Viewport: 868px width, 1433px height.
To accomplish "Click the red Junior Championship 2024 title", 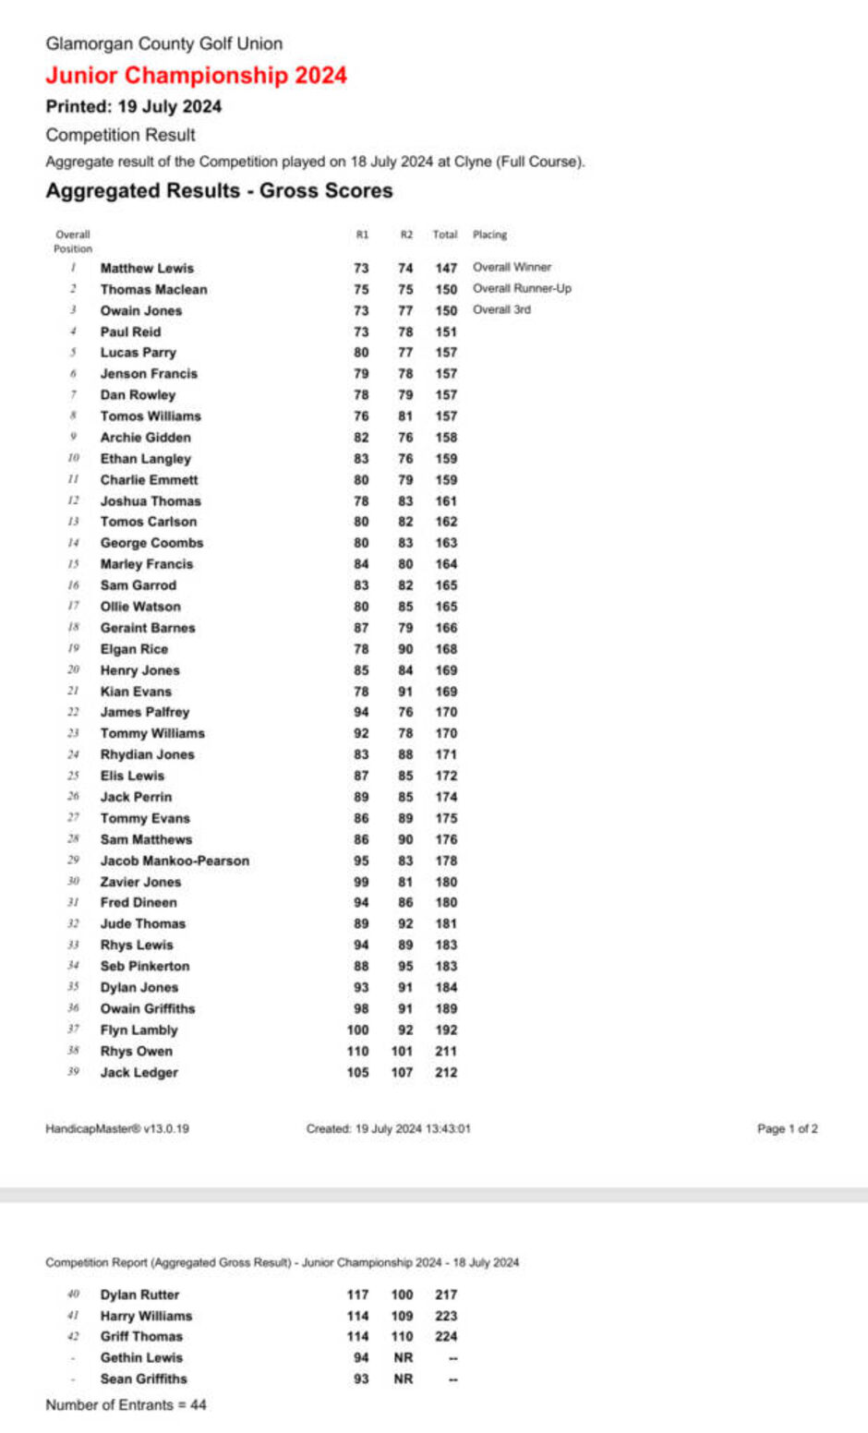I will [x=196, y=76].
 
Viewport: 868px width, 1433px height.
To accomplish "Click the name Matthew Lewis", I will [x=147, y=268].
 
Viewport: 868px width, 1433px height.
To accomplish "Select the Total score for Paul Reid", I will [x=446, y=331].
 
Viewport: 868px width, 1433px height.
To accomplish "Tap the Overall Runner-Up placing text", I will [x=522, y=288].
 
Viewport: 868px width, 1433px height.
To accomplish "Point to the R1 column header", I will [x=362, y=235].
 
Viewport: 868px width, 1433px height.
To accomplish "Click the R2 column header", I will [x=406, y=235].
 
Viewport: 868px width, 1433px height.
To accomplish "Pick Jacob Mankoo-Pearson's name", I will [x=175, y=861].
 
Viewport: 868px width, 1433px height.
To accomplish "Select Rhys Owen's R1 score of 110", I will [x=357, y=1051].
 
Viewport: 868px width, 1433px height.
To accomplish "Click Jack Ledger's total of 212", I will [x=446, y=1072].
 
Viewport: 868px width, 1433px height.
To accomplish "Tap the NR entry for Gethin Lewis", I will [x=404, y=1357].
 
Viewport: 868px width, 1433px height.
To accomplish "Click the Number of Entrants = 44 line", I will [x=126, y=1404].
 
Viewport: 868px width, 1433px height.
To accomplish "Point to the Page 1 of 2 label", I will [x=787, y=1128].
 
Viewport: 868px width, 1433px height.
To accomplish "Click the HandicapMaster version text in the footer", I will [x=117, y=1128].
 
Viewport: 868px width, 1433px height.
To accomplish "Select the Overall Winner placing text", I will [x=512, y=267].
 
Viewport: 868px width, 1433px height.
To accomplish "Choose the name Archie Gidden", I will [x=146, y=438].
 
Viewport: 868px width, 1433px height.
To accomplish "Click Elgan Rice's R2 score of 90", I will [x=405, y=649].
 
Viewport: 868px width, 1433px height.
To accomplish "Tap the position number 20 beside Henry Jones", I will [x=73, y=669].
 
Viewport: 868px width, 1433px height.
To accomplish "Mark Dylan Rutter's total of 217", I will [x=446, y=1295].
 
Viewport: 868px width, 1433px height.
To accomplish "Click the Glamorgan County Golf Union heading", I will [x=164, y=43].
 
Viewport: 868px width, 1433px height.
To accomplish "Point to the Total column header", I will [x=445, y=235].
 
